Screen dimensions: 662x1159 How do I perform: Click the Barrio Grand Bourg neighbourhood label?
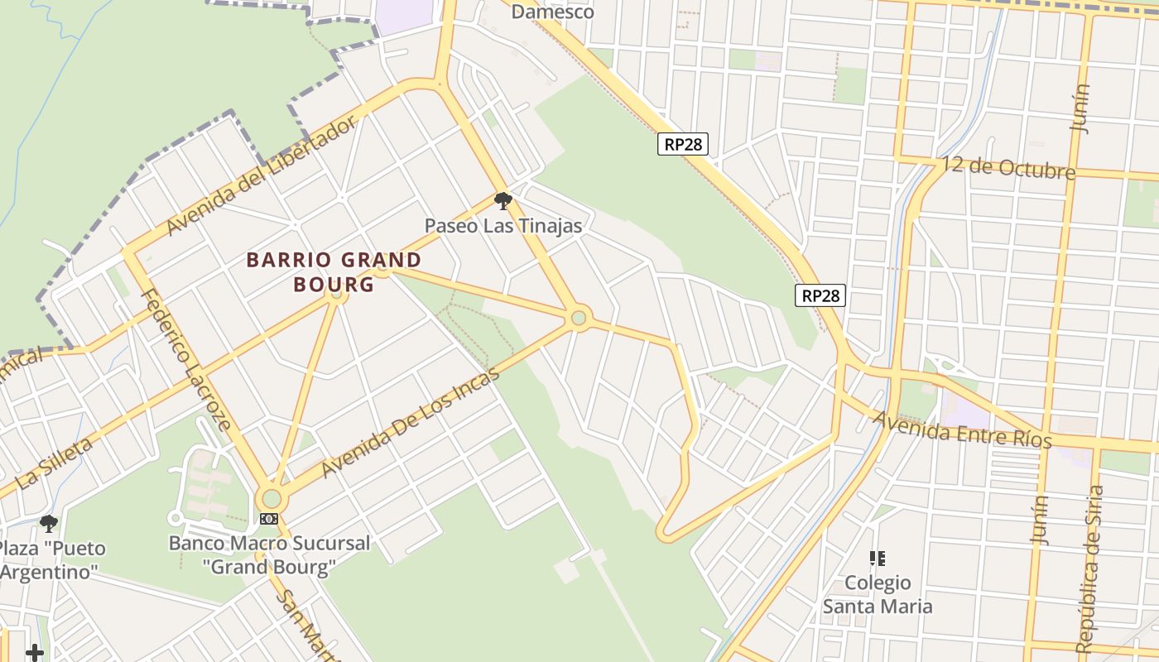click(x=334, y=272)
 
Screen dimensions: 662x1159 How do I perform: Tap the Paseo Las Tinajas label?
click(x=503, y=225)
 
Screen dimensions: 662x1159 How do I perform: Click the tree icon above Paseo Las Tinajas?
click(x=503, y=200)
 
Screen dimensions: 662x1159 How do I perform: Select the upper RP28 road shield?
click(x=683, y=144)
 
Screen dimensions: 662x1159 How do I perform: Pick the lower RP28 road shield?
click(x=820, y=295)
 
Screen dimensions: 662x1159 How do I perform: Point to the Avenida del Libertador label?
click(x=262, y=175)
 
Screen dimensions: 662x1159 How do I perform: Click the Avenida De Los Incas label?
click(x=411, y=422)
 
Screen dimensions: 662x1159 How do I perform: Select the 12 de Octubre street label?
click(x=1008, y=167)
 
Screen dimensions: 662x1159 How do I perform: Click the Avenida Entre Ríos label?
click(x=961, y=428)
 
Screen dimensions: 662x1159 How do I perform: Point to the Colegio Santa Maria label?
click(x=878, y=595)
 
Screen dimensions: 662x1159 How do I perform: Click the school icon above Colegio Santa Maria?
click(x=878, y=559)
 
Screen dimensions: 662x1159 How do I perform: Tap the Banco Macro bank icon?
click(x=268, y=519)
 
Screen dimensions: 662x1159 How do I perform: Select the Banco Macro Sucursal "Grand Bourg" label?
click(x=270, y=555)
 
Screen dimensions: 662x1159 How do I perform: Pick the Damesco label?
click(x=552, y=12)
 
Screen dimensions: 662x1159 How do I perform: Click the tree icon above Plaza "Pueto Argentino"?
click(x=49, y=523)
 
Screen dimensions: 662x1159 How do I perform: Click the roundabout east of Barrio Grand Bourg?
click(x=579, y=317)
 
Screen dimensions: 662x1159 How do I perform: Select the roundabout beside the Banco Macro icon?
click(x=271, y=498)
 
